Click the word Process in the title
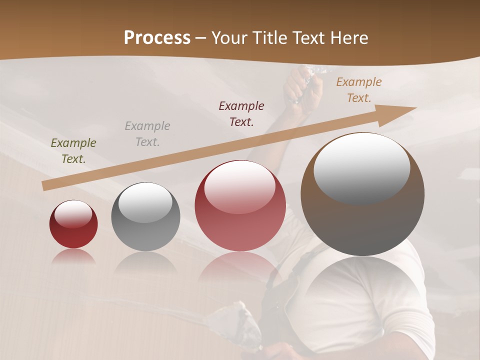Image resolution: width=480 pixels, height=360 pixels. [157, 37]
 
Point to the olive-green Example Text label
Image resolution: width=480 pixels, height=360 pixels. [73, 151]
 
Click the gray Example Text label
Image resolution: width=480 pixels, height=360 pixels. [147, 134]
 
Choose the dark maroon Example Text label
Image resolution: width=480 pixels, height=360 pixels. [241, 114]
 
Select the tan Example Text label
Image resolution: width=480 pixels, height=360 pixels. [359, 90]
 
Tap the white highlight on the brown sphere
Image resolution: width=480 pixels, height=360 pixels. [362, 167]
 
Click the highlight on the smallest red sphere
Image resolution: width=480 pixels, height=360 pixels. [73, 213]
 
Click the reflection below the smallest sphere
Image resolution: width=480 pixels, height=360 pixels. [73, 256]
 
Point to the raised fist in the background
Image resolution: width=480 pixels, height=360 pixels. [302, 85]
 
